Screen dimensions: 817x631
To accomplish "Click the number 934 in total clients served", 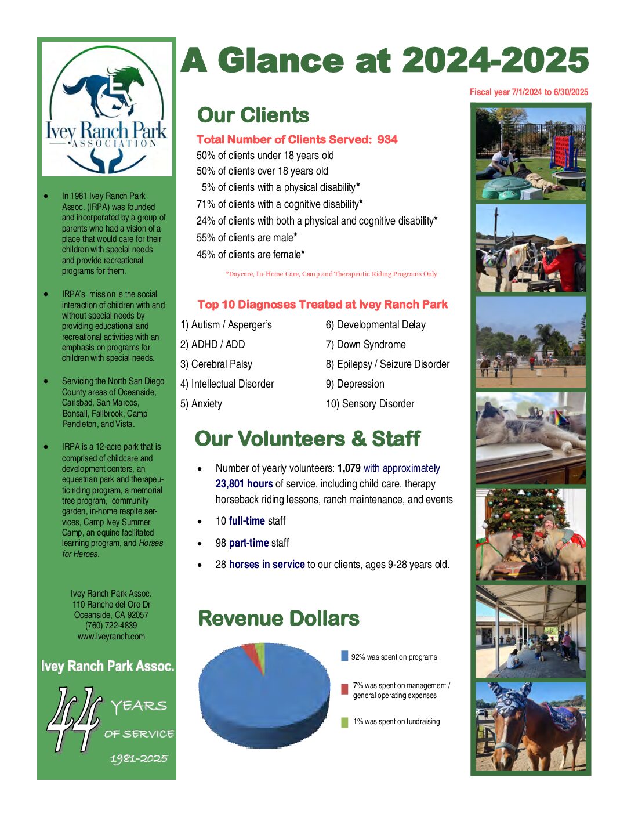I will click(x=387, y=139).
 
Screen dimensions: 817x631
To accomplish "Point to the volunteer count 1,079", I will click(x=349, y=468).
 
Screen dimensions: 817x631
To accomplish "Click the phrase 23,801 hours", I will click(x=244, y=484).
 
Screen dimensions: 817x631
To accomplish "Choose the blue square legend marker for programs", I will click(x=344, y=656).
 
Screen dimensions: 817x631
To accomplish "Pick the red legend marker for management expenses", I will click(x=344, y=689).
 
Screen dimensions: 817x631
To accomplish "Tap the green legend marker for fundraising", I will click(x=344, y=722).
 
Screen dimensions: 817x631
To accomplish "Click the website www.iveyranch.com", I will click(x=111, y=637).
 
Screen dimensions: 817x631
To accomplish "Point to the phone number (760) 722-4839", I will click(x=111, y=626).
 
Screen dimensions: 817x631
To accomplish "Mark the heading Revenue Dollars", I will click(x=278, y=619).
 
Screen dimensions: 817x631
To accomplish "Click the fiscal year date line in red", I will click(x=528, y=92).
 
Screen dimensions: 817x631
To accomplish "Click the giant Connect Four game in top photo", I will click(x=566, y=150).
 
